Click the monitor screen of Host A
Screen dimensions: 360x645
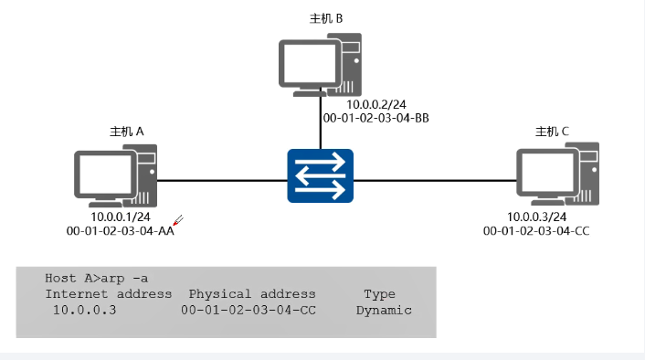[x=102, y=175]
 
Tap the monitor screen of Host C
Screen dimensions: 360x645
[x=545, y=174]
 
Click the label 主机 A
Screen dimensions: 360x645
[x=127, y=132]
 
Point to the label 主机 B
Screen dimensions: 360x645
[x=327, y=18]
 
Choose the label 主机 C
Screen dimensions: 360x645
[x=552, y=132]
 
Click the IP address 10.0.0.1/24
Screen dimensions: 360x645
[x=121, y=217]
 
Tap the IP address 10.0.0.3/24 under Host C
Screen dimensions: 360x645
[x=537, y=217]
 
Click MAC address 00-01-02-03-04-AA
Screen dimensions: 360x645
[x=121, y=231]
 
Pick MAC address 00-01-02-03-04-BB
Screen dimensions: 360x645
[x=375, y=119]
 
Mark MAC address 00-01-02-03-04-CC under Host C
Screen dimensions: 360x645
[x=536, y=231]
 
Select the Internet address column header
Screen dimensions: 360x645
[x=109, y=294]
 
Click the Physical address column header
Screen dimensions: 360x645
[x=251, y=294]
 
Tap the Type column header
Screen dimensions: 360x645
[x=379, y=294]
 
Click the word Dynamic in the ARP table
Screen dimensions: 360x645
[x=384, y=311]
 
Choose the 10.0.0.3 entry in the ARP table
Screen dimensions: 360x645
[x=84, y=311]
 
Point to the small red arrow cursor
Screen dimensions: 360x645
[x=179, y=220]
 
